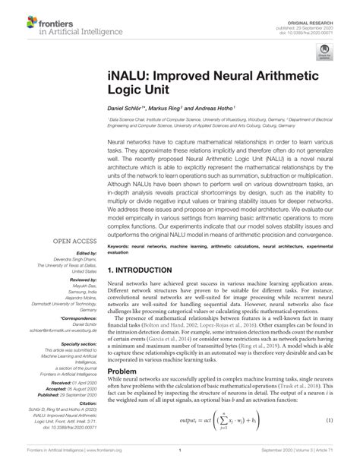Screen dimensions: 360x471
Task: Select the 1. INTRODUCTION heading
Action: coord(147,270)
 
